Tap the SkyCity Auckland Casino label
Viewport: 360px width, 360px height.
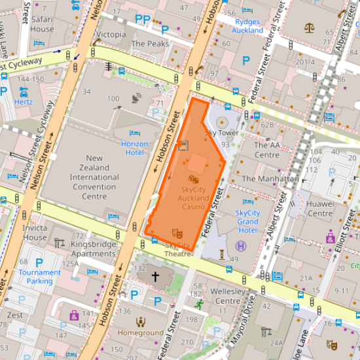point(194,198)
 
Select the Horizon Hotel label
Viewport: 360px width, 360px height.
point(134,148)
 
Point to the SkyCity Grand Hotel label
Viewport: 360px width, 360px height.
point(247,221)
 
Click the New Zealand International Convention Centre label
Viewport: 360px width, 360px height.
point(94,177)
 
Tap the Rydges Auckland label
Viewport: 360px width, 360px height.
point(247,26)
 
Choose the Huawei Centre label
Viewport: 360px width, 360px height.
point(320,208)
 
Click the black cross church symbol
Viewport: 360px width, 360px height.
point(155,277)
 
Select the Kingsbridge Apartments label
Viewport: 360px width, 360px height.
point(93,249)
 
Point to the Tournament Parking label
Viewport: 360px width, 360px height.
point(35,276)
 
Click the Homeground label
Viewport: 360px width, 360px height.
point(140,333)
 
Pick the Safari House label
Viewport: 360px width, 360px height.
point(42,24)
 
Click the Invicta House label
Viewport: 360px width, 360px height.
point(35,232)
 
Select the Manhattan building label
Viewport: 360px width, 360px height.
point(270,178)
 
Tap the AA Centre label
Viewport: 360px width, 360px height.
point(266,150)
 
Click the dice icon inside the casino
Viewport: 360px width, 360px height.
point(194,179)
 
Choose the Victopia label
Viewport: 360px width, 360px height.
point(111,34)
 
